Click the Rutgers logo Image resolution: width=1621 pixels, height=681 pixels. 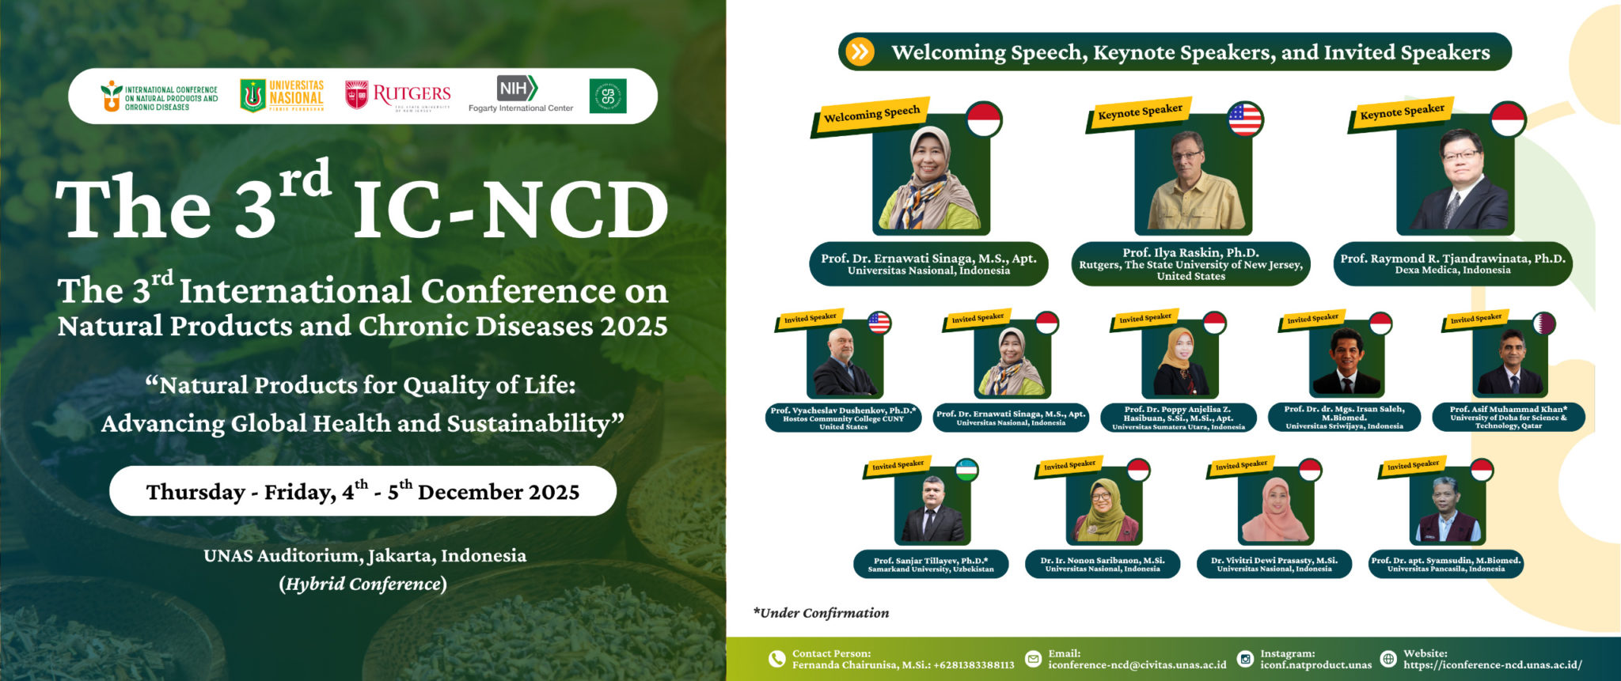coord(398,96)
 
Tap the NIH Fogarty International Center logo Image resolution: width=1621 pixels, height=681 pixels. coord(520,94)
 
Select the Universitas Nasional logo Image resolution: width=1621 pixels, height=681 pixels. coord(283,96)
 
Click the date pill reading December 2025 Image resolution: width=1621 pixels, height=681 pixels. coord(363,491)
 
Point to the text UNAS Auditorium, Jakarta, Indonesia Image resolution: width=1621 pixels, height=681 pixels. coord(364,556)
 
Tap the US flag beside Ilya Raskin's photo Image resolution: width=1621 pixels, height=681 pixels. coord(1245,119)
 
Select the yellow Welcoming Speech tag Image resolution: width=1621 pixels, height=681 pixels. coord(871,115)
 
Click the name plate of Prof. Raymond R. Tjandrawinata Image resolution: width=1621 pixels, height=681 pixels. coord(1452,263)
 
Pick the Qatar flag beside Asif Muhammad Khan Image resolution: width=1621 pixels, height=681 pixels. coord(1544,323)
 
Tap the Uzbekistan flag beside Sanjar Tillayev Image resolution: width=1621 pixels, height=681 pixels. coord(966,470)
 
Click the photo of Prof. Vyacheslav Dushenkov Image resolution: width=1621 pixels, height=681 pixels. coord(845,361)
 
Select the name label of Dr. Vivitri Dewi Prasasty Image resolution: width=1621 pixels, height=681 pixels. coord(1274,564)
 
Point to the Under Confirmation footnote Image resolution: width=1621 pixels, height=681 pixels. coord(821,613)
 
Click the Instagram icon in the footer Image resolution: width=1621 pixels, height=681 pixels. coord(1245,659)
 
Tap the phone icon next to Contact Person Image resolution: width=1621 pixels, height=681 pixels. coord(777,659)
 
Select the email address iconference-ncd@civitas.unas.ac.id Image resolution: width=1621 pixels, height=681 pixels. coord(1137,665)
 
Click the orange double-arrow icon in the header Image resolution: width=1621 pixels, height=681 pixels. coord(859,52)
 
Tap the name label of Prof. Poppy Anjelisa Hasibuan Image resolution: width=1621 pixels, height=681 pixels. coord(1178,418)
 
